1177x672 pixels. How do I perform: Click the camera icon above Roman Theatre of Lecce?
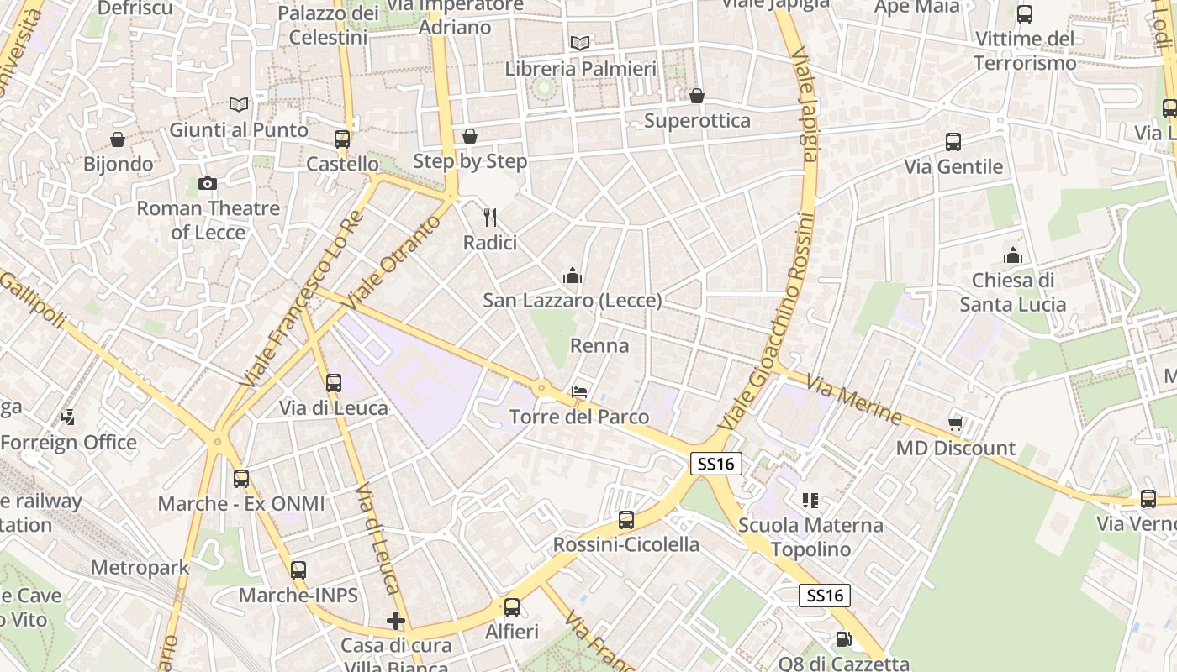coord(208,183)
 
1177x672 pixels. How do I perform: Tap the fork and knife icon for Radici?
coord(491,218)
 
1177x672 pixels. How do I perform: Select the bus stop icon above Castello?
coord(342,139)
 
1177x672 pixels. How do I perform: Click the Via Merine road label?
coord(853,400)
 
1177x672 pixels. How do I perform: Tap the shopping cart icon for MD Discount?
coord(955,423)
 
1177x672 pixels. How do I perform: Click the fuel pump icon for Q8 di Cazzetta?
coord(843,639)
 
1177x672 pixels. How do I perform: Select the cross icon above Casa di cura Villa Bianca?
coord(396,621)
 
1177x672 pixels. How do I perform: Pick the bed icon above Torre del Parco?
coord(579,391)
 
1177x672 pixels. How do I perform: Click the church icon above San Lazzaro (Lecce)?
coord(573,276)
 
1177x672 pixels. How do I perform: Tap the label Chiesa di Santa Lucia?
coord(1013,292)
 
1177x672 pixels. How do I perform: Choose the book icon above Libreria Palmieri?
coord(579,43)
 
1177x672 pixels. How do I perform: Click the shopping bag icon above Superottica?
coord(697,96)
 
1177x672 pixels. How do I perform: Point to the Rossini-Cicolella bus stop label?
coord(625,544)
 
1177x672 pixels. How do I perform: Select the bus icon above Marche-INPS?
coord(298,570)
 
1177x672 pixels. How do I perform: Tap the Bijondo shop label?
coord(119,164)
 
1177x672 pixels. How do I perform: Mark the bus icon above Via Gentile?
coord(953,141)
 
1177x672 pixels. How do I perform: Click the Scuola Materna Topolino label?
coord(810,538)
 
